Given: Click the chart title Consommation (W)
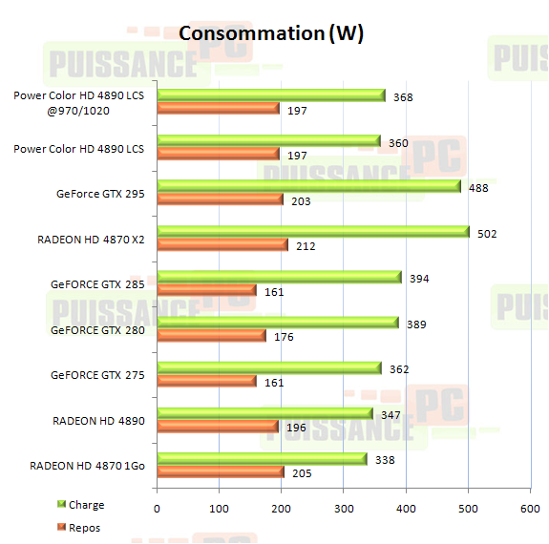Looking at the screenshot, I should [271, 33].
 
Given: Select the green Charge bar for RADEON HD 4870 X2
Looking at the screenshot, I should [313, 231].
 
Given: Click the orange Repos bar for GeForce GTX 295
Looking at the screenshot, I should [220, 199].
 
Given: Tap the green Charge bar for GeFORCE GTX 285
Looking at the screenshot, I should [279, 277].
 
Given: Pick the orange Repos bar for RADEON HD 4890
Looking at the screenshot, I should [218, 426].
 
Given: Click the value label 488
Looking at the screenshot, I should [478, 188].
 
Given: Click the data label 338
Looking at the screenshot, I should [385, 459].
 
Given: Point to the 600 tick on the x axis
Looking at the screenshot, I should [531, 510].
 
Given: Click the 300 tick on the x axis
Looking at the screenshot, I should [344, 510].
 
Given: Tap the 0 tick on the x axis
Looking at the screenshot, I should [158, 510].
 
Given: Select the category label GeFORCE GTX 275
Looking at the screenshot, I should [97, 375].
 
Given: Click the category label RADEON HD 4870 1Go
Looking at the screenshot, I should [87, 466].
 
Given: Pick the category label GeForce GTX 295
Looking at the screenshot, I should [100, 194].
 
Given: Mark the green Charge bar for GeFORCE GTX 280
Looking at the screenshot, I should [277, 323].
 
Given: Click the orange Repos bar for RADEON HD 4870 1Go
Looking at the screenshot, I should [221, 471].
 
